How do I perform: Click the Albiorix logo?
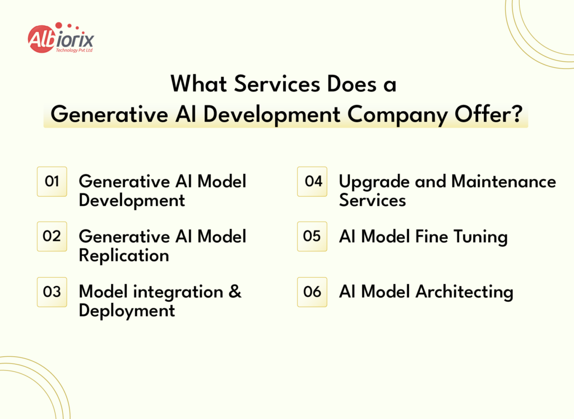(x=61, y=38)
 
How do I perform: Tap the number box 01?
(x=52, y=181)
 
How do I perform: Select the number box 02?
(x=52, y=236)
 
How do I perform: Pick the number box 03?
(x=52, y=292)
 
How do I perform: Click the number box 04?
(x=312, y=181)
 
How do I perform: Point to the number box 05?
(x=312, y=236)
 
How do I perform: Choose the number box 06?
(x=312, y=292)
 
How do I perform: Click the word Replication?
(x=124, y=255)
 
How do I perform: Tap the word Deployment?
(x=127, y=310)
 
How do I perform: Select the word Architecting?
(x=464, y=292)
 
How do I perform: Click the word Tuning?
(x=480, y=237)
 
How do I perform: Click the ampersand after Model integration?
(x=235, y=292)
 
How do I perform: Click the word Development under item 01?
(x=132, y=200)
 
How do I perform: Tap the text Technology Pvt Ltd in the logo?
(x=74, y=50)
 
